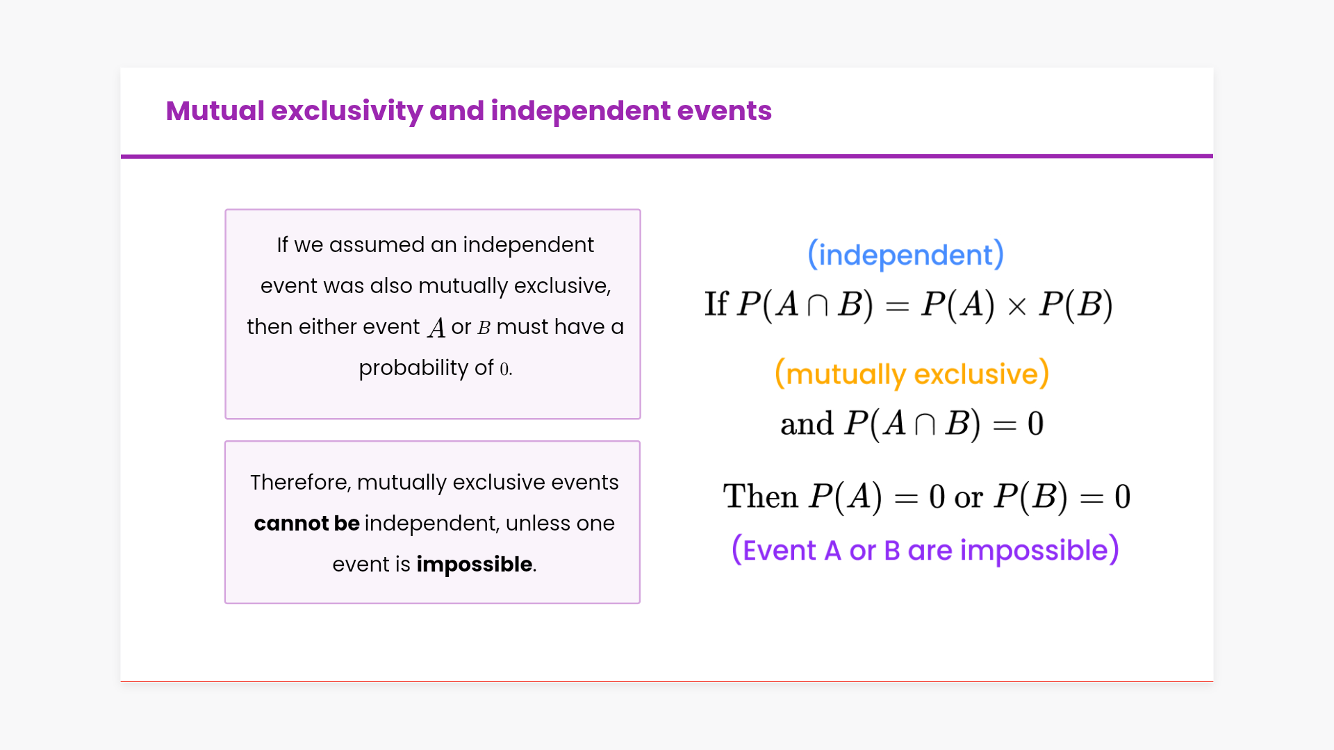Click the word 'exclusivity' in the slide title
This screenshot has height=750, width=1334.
point(347,112)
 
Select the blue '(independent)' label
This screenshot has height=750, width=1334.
point(905,255)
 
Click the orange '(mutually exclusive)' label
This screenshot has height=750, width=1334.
point(912,374)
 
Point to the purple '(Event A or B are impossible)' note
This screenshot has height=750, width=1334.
point(925,550)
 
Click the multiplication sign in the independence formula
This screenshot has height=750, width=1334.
point(1016,306)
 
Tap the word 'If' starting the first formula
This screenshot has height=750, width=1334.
point(716,304)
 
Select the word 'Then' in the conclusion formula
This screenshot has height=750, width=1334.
point(760,497)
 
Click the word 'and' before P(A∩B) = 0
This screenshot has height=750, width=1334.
point(807,424)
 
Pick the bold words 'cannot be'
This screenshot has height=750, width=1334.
point(306,523)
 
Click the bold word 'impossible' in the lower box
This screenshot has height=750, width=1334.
point(474,564)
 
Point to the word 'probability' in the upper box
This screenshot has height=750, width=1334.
point(413,368)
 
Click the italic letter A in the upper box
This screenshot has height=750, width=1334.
point(436,328)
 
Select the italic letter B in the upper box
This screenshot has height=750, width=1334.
point(484,327)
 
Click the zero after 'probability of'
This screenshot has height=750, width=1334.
point(504,369)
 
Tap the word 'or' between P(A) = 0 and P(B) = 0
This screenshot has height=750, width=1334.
point(969,498)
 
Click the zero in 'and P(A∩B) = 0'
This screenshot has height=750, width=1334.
point(1035,424)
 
